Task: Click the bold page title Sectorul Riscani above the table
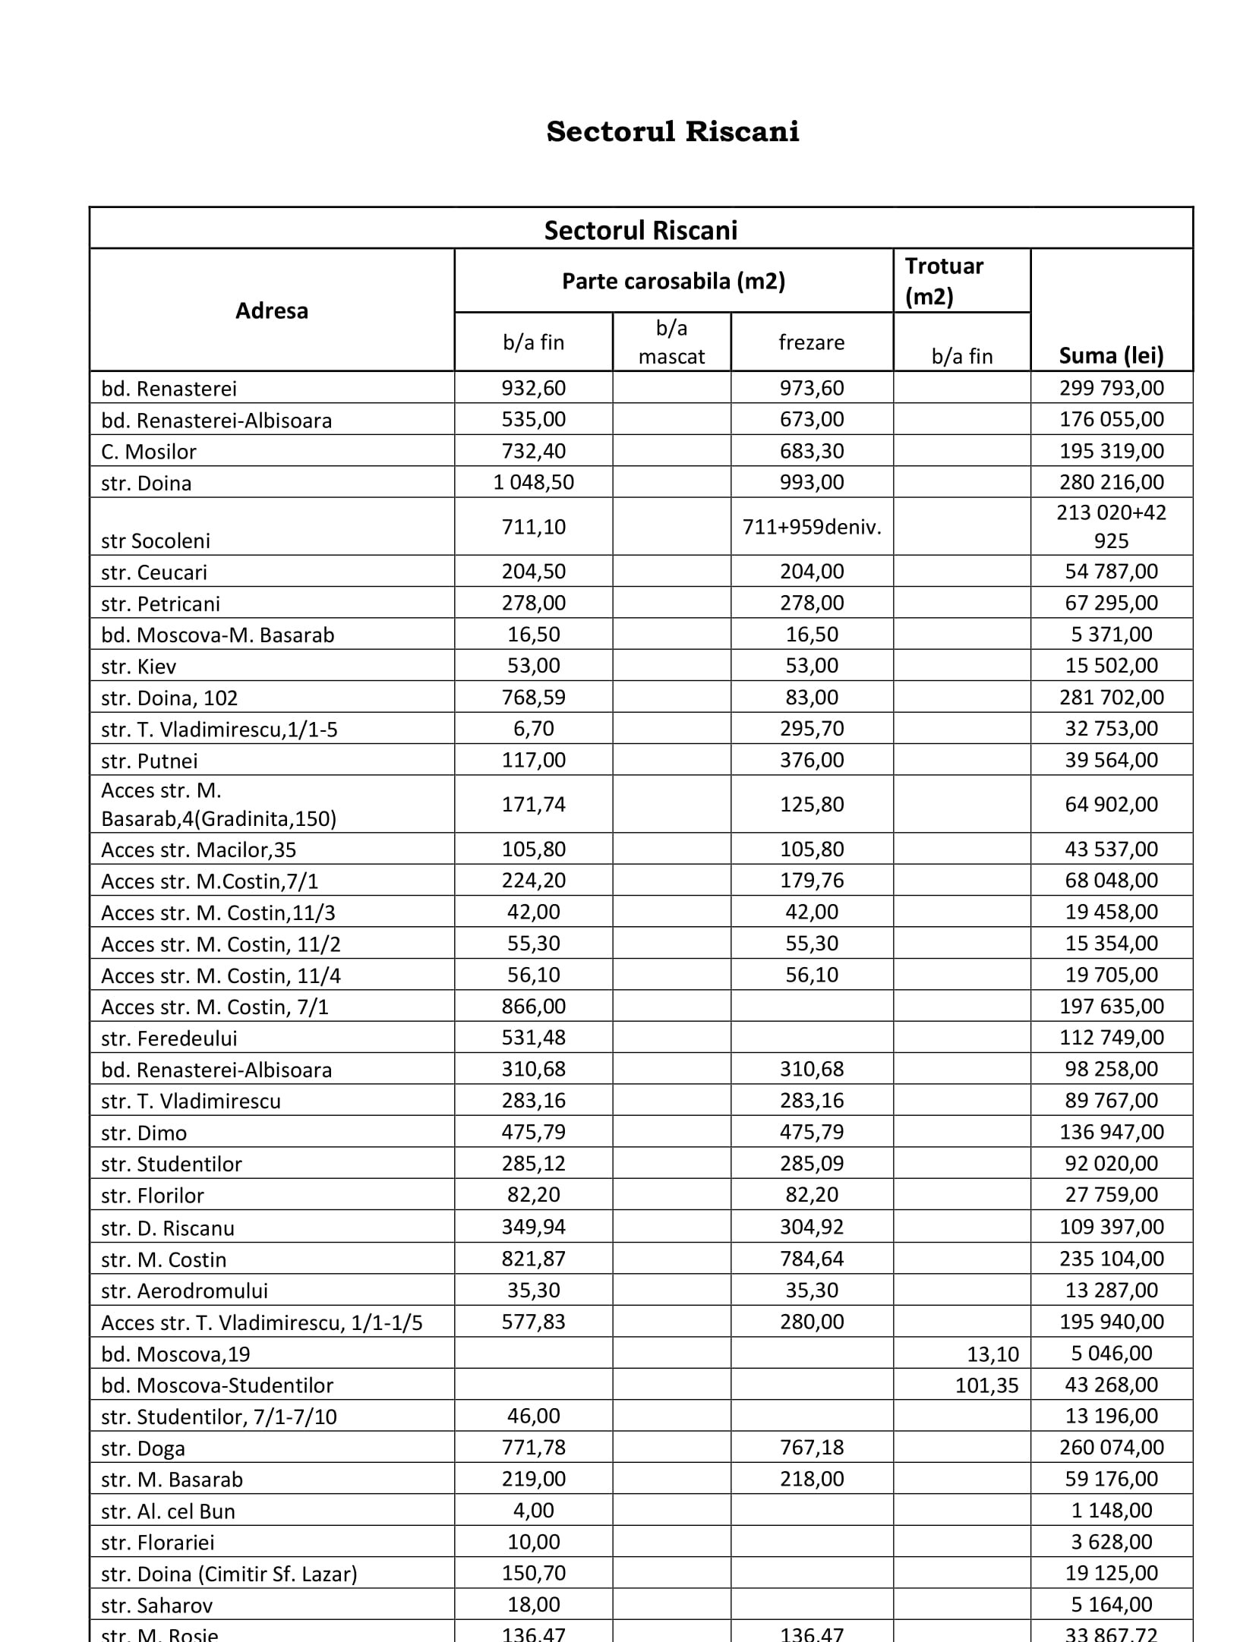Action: (672, 131)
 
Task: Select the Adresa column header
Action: (271, 311)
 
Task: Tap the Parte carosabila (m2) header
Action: (673, 282)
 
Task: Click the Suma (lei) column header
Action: (1111, 355)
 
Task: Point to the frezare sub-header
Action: (811, 342)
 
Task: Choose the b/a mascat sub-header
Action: (671, 342)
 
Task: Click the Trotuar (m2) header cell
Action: (944, 281)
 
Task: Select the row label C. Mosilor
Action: (149, 452)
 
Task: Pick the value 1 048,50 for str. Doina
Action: (533, 482)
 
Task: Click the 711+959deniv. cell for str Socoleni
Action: (812, 527)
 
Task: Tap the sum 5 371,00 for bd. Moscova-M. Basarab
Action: (1111, 635)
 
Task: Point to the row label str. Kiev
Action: (139, 667)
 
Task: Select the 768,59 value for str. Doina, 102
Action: (533, 697)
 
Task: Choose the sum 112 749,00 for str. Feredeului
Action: (1111, 1038)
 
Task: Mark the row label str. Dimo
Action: (144, 1133)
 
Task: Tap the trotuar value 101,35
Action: (986, 1385)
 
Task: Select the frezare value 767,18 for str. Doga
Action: (812, 1447)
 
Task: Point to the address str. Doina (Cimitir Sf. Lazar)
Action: (229, 1574)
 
